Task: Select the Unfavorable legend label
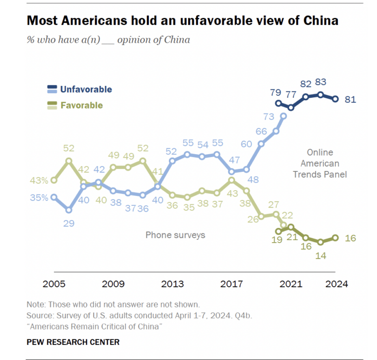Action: click(x=86, y=89)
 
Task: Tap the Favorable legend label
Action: click(x=81, y=105)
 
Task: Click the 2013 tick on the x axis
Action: click(x=172, y=284)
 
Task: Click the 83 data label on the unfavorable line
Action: click(x=321, y=83)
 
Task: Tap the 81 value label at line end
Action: click(x=350, y=99)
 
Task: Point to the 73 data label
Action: click(x=269, y=116)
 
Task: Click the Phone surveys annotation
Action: click(x=175, y=235)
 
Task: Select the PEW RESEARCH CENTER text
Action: click(x=73, y=342)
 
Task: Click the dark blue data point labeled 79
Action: click(x=279, y=103)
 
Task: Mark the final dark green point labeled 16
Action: click(x=336, y=238)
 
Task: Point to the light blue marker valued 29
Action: click(x=69, y=210)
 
